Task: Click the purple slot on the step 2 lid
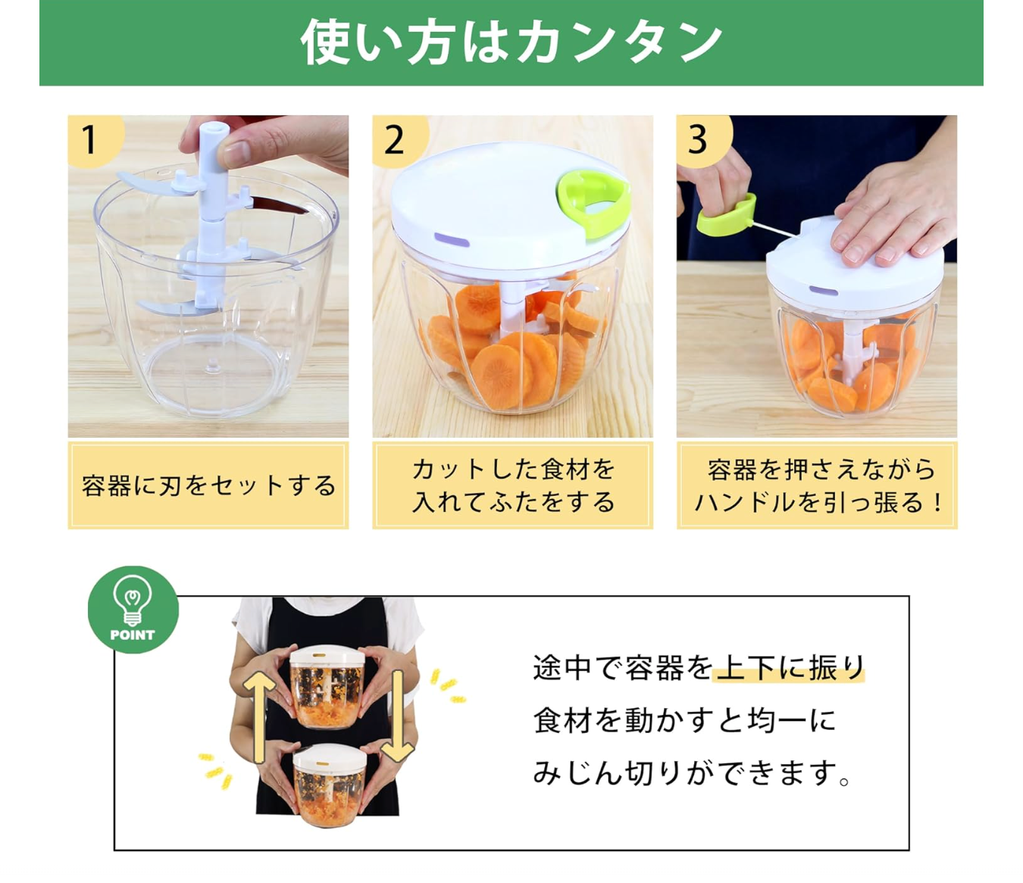(452, 240)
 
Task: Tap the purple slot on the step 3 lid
(823, 291)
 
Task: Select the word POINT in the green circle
(132, 635)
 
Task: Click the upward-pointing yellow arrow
(259, 717)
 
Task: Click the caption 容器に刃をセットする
(208, 485)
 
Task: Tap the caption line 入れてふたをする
(513, 503)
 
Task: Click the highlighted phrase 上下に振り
(789, 668)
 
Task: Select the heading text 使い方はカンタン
(511, 42)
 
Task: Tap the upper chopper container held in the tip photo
(327, 687)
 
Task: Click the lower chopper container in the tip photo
(330, 784)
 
